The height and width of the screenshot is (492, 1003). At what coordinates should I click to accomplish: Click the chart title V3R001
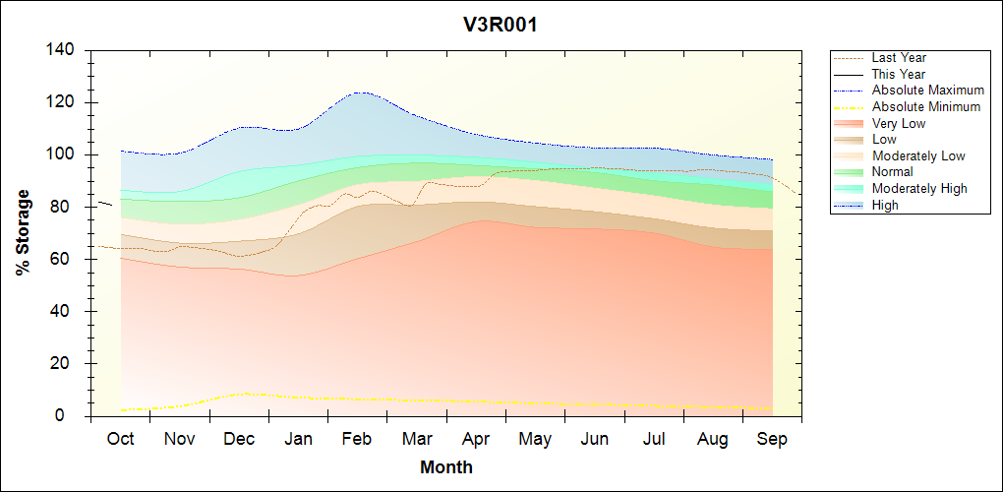click(x=501, y=26)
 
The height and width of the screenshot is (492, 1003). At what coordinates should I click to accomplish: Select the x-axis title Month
click(x=445, y=467)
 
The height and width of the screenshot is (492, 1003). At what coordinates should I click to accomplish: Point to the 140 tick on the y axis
click(x=64, y=50)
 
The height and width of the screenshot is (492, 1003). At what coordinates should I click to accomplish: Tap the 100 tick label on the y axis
click(x=64, y=155)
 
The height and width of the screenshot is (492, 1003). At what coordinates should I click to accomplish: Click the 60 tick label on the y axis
click(x=68, y=260)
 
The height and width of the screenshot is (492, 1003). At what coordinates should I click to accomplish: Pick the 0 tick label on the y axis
click(x=73, y=416)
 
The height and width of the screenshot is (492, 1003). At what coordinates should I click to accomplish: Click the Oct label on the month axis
click(x=120, y=439)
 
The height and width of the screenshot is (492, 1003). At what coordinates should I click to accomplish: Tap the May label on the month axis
click(x=535, y=439)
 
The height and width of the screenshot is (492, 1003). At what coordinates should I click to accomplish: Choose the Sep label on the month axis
click(x=772, y=439)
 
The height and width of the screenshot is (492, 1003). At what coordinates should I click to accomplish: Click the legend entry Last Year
click(x=899, y=58)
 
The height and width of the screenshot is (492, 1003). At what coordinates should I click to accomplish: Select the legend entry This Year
click(x=899, y=74)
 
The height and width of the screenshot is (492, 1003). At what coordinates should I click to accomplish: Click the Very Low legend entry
click(x=899, y=124)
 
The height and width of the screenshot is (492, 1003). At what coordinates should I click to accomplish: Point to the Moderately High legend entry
click(x=919, y=189)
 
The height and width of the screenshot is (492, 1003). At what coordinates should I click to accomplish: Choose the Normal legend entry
click(x=892, y=172)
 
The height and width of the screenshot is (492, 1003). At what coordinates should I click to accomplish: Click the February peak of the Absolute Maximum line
click(x=362, y=92)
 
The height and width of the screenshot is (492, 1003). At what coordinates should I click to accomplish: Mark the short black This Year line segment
click(x=105, y=204)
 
